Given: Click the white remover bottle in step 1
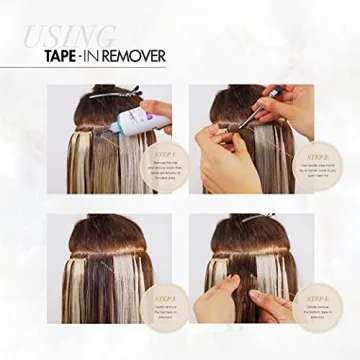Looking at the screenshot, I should [x=131, y=122].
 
